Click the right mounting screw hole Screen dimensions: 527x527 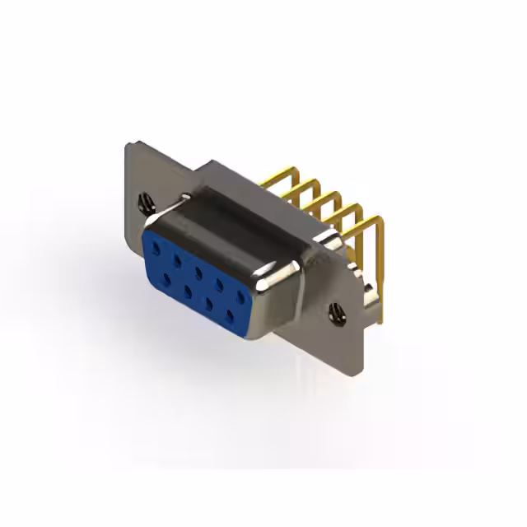tap(337, 311)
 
